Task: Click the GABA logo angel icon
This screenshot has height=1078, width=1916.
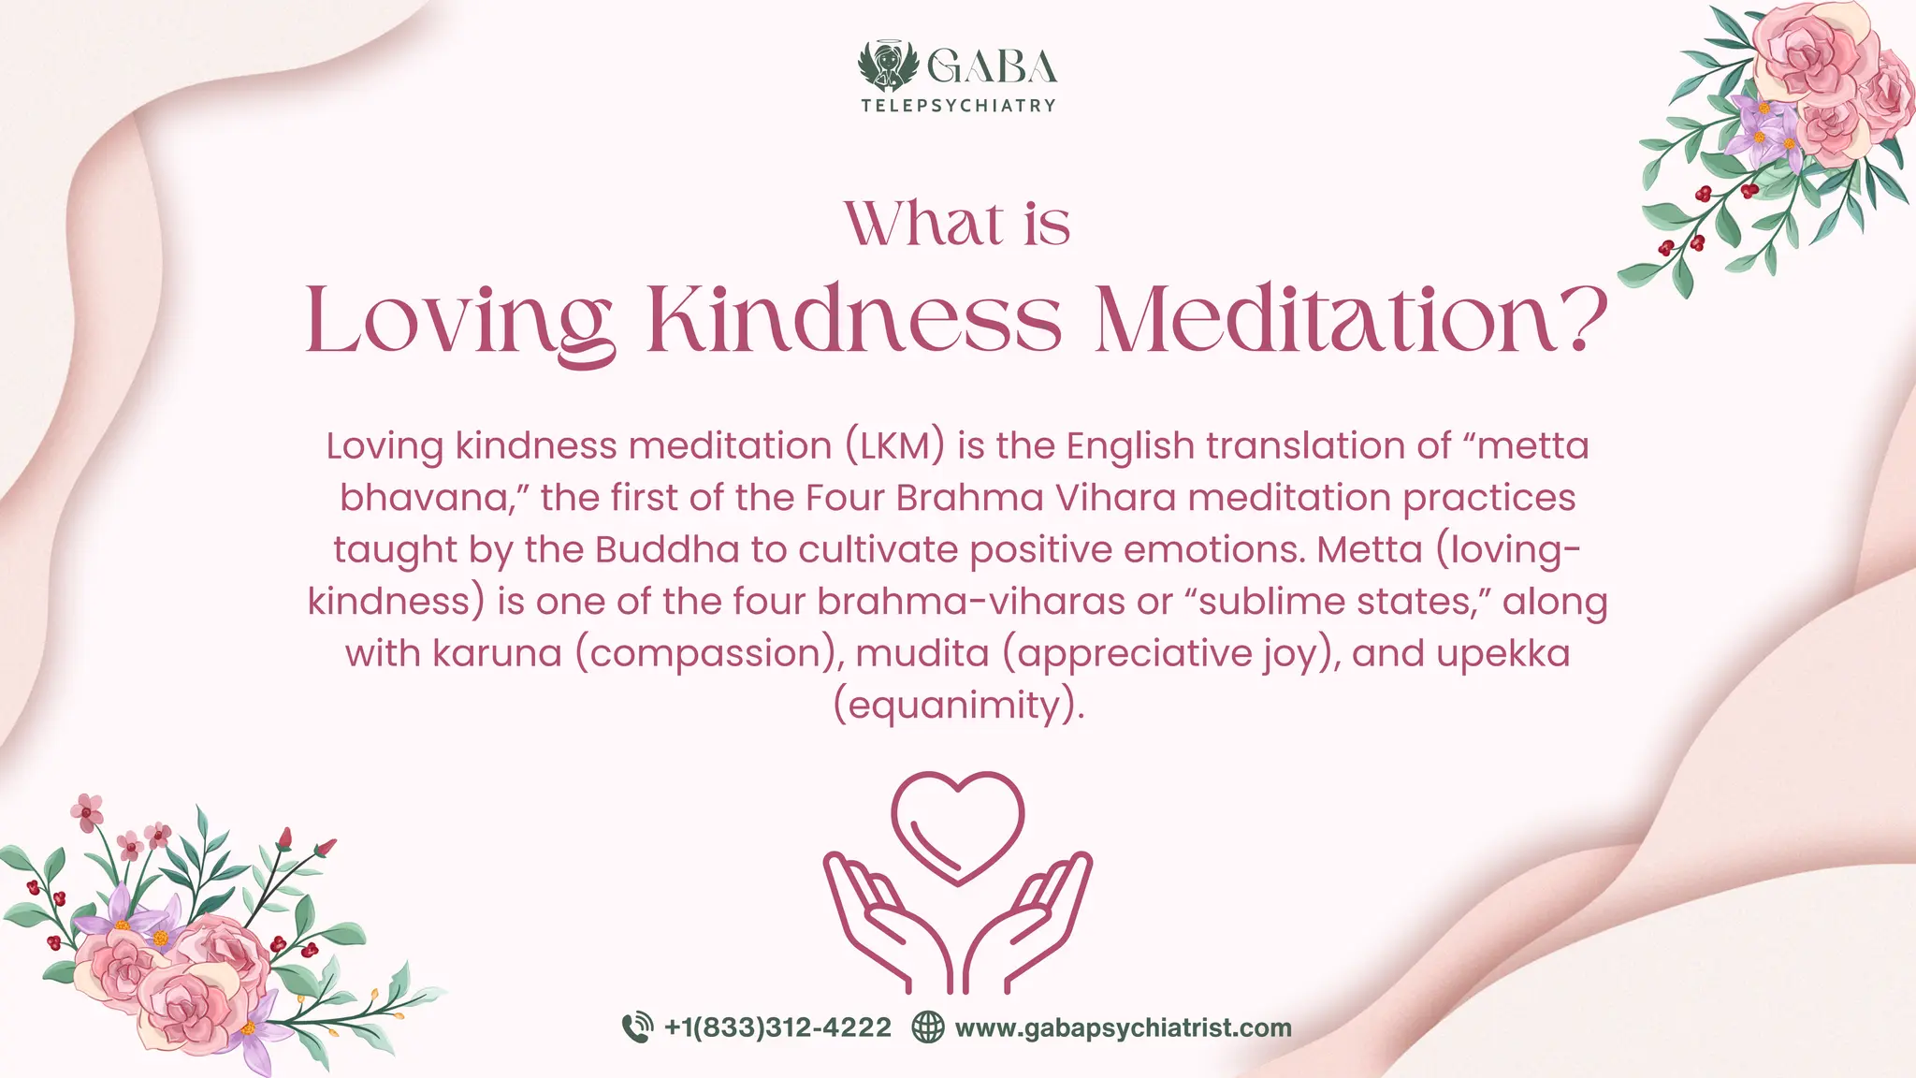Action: [x=888, y=66]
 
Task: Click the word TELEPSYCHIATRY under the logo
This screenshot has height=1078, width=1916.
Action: [x=958, y=106]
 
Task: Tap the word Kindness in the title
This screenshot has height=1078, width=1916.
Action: [x=853, y=319]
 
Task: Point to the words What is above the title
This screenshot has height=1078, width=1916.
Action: [x=957, y=224]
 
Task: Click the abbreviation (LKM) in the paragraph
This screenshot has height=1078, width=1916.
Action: [x=894, y=445]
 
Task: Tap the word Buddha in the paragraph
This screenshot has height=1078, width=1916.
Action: [x=666, y=549]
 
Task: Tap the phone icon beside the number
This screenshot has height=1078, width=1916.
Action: [x=637, y=1027]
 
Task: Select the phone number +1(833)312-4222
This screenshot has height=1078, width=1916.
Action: [x=777, y=1027]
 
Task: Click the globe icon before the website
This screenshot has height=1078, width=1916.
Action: [x=927, y=1027]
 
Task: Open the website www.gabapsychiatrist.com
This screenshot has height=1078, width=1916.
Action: [x=1123, y=1027]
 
